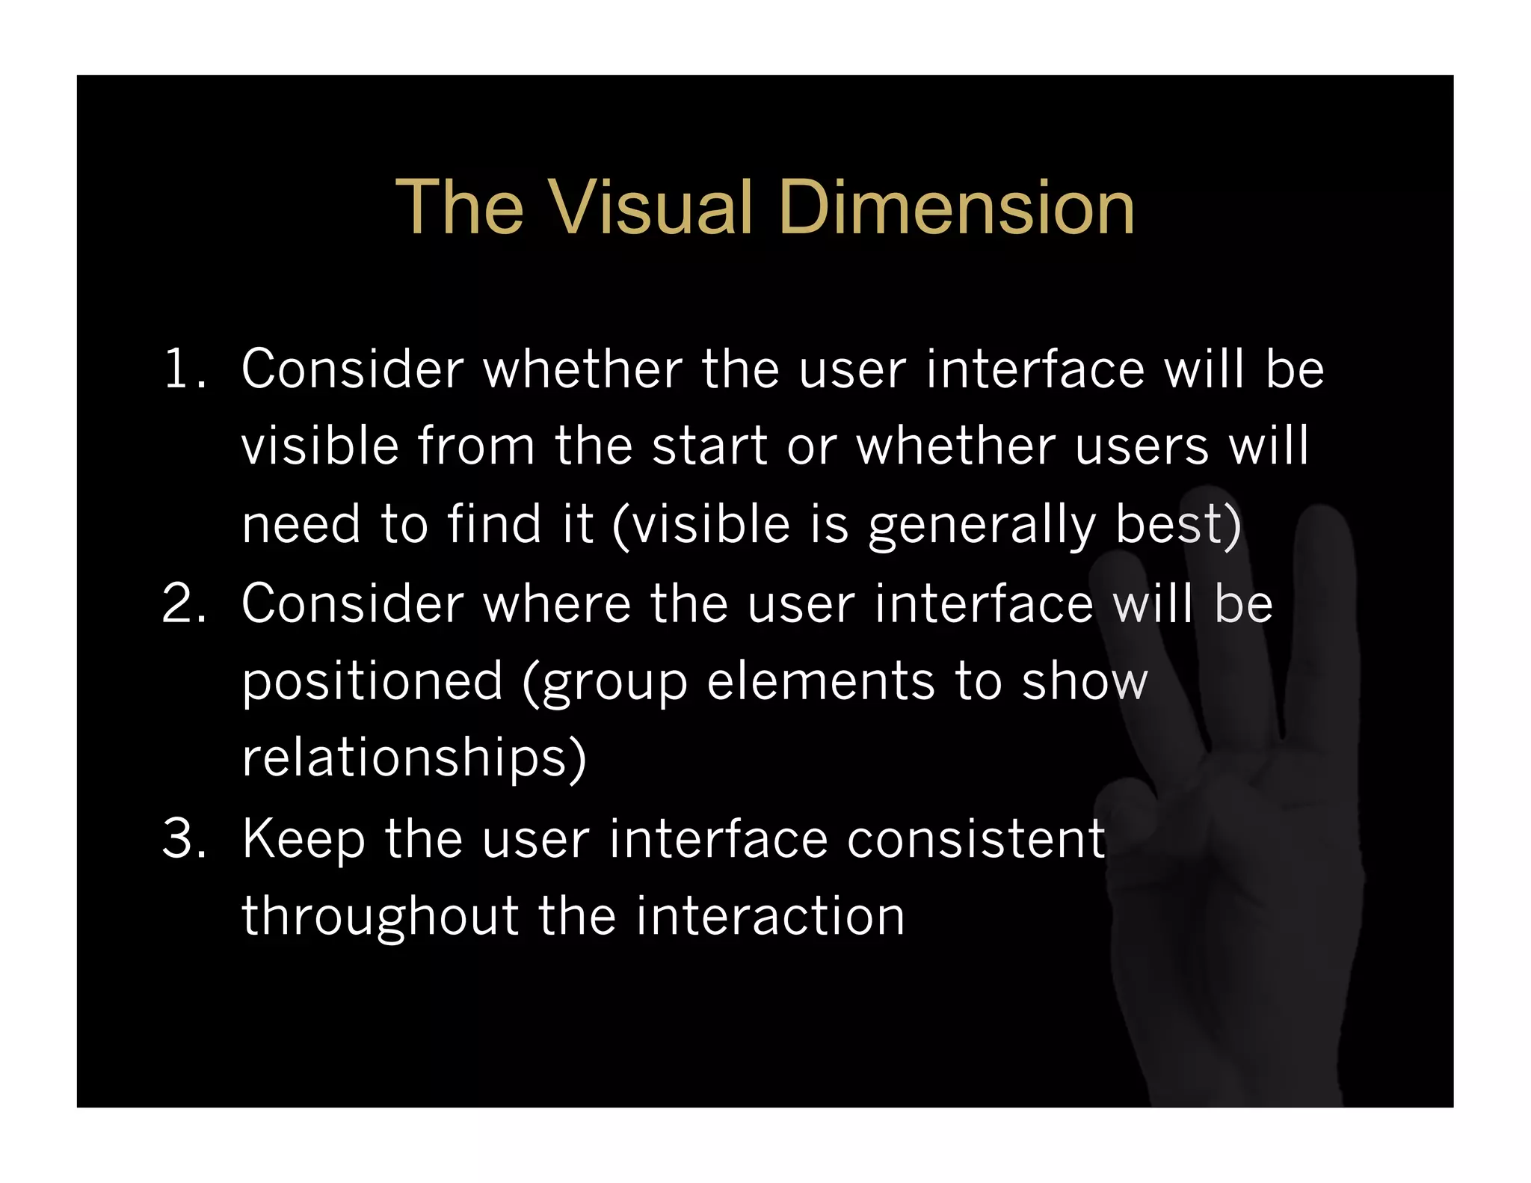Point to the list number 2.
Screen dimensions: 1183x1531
[182, 603]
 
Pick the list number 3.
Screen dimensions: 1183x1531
[182, 838]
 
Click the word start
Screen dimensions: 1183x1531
[709, 446]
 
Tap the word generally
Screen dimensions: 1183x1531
[982, 525]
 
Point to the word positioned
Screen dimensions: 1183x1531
[372, 682]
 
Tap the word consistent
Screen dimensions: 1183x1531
[976, 838]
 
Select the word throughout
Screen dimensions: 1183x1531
[380, 918]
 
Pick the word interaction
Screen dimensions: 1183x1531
[770, 916]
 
